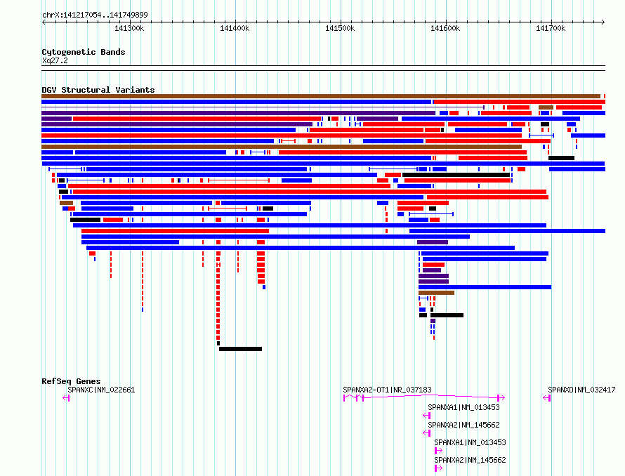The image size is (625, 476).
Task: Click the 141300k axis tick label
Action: pos(129,28)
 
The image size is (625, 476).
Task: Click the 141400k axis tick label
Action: pos(235,28)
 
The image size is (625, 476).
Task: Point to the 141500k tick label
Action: pos(340,28)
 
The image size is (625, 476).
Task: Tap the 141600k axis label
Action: pos(445,28)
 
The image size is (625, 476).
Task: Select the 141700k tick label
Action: pos(551,28)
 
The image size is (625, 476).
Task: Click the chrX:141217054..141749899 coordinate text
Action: pos(95,15)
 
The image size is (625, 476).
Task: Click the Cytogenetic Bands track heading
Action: pos(84,52)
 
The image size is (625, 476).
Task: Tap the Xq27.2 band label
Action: pos(55,60)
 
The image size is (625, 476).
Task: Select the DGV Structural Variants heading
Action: pos(98,90)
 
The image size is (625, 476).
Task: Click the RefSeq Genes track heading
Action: pos(71,381)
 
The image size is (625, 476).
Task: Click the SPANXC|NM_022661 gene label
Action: pos(101,390)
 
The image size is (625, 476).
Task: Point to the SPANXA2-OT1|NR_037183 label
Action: pos(387,390)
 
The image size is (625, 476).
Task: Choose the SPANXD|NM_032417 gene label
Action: pos(581,390)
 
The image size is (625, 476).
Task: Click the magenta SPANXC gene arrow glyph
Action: pos(66,398)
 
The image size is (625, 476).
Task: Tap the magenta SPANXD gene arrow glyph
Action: pos(547,398)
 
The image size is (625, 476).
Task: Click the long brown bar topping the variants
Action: pos(321,96)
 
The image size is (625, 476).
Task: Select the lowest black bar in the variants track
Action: pos(240,349)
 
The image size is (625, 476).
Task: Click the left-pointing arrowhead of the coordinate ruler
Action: pos(43,22)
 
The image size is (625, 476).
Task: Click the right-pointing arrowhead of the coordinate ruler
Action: pos(603,22)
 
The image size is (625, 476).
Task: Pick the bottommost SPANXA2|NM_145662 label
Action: pos(470,460)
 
